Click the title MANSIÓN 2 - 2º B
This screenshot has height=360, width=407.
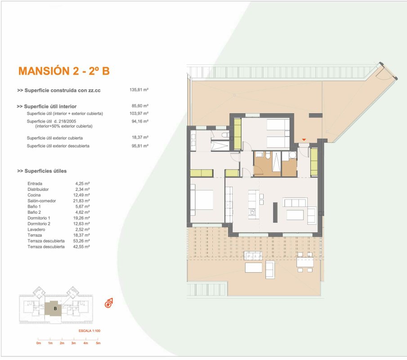pyautogui.click(x=64, y=71)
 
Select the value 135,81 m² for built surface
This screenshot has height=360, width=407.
pyautogui.click(x=139, y=90)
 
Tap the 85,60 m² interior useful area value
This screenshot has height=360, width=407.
pyautogui.click(x=140, y=106)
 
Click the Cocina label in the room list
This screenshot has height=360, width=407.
pyautogui.click(x=34, y=195)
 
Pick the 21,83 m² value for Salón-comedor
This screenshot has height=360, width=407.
pyautogui.click(x=81, y=201)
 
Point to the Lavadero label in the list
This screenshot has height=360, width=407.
pyautogui.click(x=36, y=229)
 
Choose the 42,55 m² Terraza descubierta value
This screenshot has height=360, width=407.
pyautogui.click(x=81, y=247)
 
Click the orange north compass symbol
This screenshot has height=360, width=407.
pyautogui.click(x=109, y=303)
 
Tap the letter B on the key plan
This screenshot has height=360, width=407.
pyautogui.click(x=55, y=309)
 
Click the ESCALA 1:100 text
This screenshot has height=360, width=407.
pyautogui.click(x=89, y=331)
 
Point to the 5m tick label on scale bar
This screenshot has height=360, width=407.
pyautogui.click(x=98, y=343)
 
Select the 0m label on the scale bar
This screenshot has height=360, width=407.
pyautogui.click(x=39, y=343)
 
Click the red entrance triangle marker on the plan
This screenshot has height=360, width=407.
pyautogui.click(x=304, y=140)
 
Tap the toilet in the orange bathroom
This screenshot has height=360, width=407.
pyautogui.click(x=268, y=155)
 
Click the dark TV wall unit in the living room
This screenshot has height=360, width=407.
pyautogui.click(x=275, y=212)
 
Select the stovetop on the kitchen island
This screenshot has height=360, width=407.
pyautogui.click(x=252, y=212)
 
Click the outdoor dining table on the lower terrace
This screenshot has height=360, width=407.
pyautogui.click(x=305, y=262)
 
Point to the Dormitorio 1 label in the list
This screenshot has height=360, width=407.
pyautogui.click(x=39, y=218)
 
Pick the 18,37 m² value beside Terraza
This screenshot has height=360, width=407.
pyautogui.click(x=81, y=235)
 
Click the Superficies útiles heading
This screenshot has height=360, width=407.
pyautogui.click(x=42, y=171)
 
